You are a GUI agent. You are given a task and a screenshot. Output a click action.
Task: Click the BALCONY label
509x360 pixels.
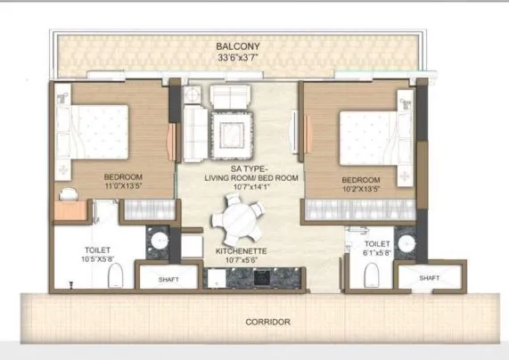(x=237, y=45)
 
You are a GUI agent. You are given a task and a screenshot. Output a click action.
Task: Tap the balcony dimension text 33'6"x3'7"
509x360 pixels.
(x=237, y=59)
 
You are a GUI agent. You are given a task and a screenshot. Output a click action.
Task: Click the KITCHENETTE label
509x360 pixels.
(x=242, y=252)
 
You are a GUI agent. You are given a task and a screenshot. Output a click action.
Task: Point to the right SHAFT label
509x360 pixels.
(x=429, y=278)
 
